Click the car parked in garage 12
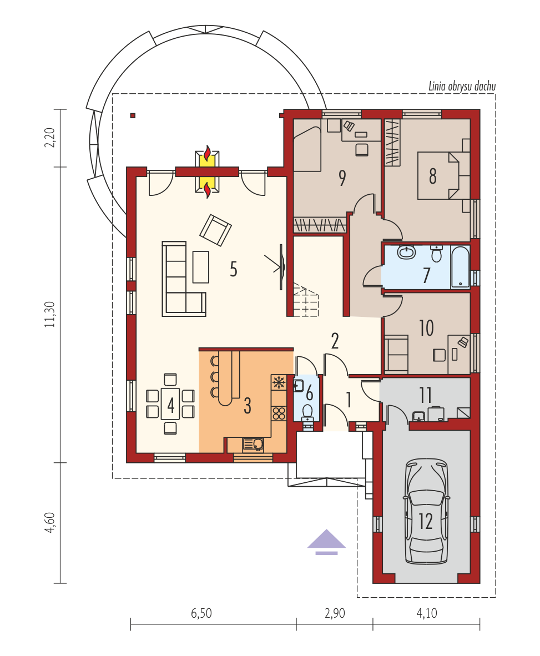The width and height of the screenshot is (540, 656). click(426, 511)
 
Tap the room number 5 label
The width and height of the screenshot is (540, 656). click(234, 269)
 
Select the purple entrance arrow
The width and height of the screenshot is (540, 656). click(326, 542)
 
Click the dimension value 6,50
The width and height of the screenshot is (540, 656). click(201, 613)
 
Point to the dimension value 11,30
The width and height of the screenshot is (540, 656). click(50, 314)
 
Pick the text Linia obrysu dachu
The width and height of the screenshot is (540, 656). click(462, 86)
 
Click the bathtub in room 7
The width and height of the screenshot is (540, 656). click(461, 267)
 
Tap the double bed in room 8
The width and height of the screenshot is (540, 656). click(443, 175)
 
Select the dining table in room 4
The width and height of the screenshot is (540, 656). click(170, 403)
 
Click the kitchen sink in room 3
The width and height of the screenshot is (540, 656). click(253, 445)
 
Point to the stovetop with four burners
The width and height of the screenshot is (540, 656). click(279, 413)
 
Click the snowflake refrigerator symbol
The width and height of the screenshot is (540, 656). click(279, 382)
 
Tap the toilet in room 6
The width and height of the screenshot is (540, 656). click(307, 411)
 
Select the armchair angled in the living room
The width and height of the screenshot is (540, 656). click(215, 230)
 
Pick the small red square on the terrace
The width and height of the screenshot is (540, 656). click(133, 115)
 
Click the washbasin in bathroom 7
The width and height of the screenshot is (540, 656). click(406, 253)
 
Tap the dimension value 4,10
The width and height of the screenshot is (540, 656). click(427, 613)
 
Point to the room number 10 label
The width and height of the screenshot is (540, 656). click(426, 328)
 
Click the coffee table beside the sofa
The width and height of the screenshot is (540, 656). click(201, 267)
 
